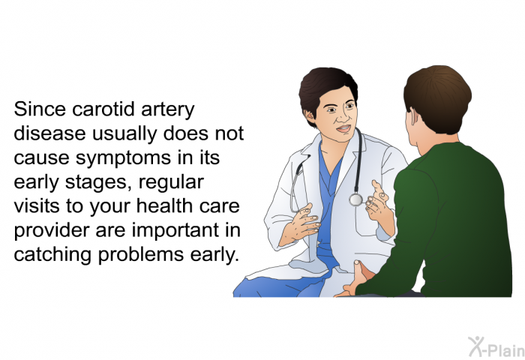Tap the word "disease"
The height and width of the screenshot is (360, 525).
[x=49, y=133]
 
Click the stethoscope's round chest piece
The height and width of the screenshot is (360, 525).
[x=355, y=199]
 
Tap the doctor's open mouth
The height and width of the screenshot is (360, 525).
[x=343, y=128]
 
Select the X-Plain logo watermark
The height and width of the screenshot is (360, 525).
[x=496, y=347]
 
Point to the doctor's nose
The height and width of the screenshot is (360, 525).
[x=342, y=116]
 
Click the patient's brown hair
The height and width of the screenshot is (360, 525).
[x=438, y=97]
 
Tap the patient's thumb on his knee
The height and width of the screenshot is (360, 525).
[x=359, y=268]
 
